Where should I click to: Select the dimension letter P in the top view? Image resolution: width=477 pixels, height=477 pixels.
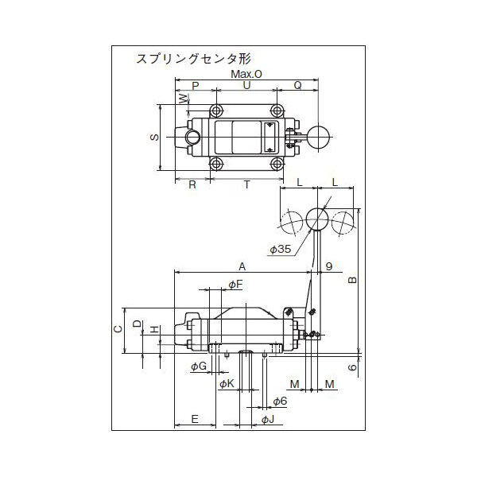point(196,85)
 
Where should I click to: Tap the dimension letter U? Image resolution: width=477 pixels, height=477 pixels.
point(246,85)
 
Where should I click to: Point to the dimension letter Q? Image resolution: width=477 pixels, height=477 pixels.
point(297,85)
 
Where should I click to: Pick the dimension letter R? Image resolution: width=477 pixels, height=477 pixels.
point(192,184)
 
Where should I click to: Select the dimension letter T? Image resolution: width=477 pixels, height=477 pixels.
point(246,184)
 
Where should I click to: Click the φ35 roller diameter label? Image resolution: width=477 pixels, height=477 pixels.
point(281,250)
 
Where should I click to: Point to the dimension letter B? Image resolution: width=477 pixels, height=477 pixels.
point(353,280)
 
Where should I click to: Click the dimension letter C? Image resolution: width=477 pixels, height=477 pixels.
point(117,328)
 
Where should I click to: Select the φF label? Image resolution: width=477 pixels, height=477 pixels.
point(235,285)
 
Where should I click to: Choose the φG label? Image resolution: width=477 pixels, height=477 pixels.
point(199,366)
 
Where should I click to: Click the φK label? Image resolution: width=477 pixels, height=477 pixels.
point(227,384)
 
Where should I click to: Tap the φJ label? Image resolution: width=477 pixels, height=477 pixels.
point(267,419)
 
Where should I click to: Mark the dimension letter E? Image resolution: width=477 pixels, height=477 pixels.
point(194,419)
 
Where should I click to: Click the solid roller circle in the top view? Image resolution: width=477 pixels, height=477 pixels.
point(320,137)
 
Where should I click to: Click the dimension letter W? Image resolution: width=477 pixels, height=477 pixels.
point(183,99)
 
